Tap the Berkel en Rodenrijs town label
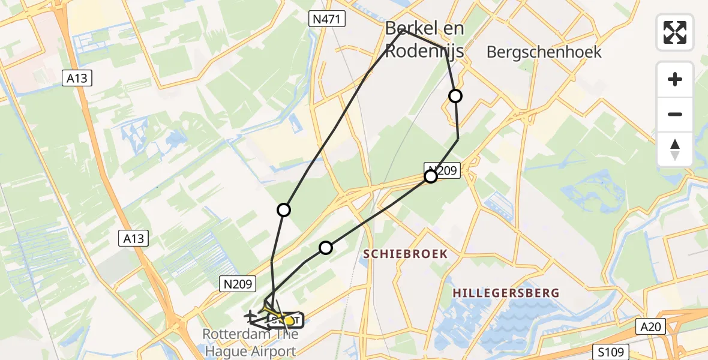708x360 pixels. [424, 40]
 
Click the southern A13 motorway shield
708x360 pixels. [133, 239]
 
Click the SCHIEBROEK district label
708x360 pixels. [406, 254]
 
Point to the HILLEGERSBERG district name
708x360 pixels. [506, 293]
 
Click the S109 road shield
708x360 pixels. [611, 352]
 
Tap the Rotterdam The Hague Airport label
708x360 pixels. [249, 343]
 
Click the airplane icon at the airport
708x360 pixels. [251, 314]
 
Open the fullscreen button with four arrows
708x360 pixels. [675, 32]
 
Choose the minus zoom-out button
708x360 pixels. [675, 114]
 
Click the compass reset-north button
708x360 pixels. [675, 149]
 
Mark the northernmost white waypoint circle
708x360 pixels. [455, 96]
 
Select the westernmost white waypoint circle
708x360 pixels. [284, 210]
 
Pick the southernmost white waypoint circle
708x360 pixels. [325, 247]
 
